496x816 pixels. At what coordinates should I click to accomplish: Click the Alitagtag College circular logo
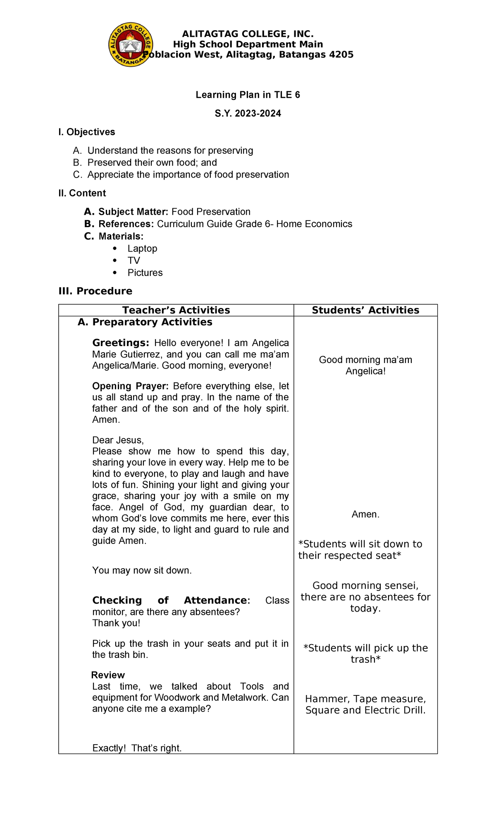[131, 45]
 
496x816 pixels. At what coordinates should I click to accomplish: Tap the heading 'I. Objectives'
[87, 132]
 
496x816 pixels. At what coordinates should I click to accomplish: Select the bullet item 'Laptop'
[142, 249]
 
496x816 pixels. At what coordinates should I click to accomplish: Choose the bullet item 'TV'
[134, 261]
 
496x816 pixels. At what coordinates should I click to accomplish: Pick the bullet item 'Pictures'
[145, 273]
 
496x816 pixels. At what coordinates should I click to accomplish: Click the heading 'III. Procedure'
[95, 291]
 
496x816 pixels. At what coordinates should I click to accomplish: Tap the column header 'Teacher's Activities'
[176, 310]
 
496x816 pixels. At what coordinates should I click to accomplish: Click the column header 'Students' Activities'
[365, 310]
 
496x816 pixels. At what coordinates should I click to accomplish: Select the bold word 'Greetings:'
[120, 343]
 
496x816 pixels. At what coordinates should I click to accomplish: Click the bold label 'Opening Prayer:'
[130, 386]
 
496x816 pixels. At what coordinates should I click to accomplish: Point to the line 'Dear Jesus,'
[118, 440]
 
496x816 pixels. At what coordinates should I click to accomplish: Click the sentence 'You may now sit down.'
[142, 571]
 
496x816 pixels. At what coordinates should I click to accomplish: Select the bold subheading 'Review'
[108, 675]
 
